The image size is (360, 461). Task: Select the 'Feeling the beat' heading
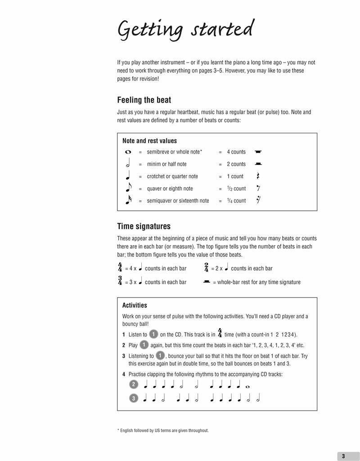tap(144, 100)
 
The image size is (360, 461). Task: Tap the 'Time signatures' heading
tap(144, 226)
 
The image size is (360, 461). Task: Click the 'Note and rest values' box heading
tap(149, 141)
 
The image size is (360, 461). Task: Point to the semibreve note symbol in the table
tap(128, 152)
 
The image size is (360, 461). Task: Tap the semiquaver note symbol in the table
tap(128, 200)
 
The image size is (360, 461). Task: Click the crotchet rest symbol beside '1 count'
tap(258, 176)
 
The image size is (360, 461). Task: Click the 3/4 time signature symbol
tap(120, 281)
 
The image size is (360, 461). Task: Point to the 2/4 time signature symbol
tap(206, 267)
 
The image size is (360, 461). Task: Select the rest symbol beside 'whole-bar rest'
tap(207, 282)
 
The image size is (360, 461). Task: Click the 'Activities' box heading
tap(135, 305)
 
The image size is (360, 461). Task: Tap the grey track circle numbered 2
tap(134, 384)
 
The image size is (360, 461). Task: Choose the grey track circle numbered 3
tap(134, 398)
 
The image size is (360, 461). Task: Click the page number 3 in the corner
tap(343, 456)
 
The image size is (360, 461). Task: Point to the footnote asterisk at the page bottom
tap(118, 430)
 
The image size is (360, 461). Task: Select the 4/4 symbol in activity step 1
tap(220, 333)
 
